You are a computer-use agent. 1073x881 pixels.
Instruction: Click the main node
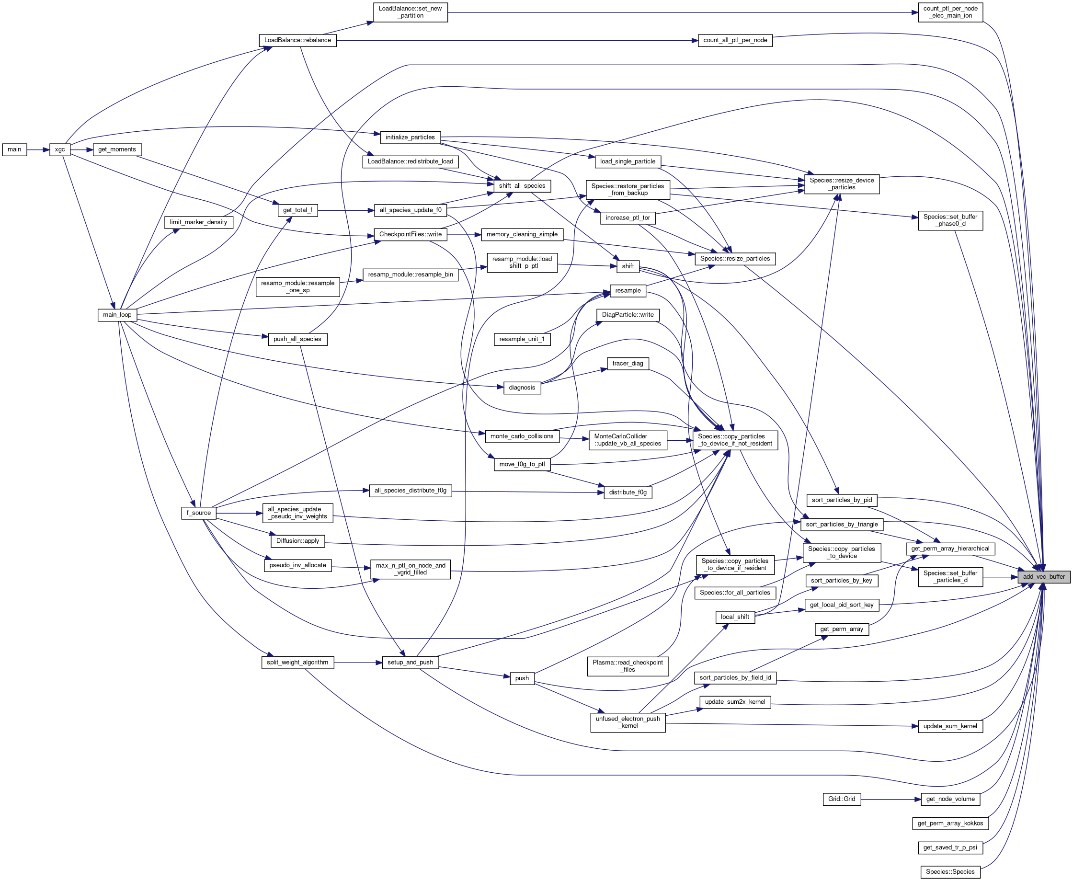(x=14, y=150)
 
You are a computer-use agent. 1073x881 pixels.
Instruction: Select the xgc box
(x=60, y=150)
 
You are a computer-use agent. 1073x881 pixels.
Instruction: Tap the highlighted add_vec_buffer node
(x=1044, y=577)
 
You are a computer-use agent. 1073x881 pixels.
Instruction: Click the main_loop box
(x=117, y=315)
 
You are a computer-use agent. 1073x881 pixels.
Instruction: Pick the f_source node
(x=198, y=513)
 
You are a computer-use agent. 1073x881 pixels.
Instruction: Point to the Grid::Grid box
(x=841, y=799)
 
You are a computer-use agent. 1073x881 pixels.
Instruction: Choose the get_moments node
(x=117, y=150)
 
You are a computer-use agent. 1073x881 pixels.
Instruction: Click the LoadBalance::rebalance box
(x=297, y=41)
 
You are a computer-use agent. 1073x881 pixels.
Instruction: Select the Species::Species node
(x=950, y=872)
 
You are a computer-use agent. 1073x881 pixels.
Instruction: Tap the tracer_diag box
(x=628, y=363)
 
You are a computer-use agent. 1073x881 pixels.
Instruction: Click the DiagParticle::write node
(x=628, y=315)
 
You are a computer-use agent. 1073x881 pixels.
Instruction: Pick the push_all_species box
(x=297, y=339)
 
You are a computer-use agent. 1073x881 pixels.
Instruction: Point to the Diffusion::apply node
(x=297, y=541)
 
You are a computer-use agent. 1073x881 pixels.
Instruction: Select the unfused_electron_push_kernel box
(x=628, y=722)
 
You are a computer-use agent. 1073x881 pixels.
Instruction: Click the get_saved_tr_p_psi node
(x=950, y=847)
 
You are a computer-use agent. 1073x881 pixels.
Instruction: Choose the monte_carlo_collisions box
(x=522, y=436)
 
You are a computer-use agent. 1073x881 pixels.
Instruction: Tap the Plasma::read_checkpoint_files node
(x=628, y=666)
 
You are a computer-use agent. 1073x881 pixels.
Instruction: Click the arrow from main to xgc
(x=38, y=150)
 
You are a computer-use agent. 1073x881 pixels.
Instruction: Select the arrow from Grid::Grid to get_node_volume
(x=890, y=799)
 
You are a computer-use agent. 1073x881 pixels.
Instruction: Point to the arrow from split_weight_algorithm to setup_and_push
(x=358, y=663)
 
